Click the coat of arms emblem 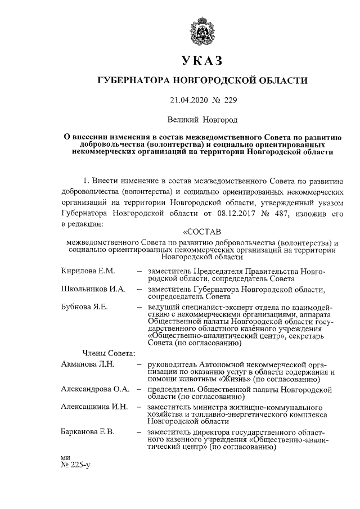202,28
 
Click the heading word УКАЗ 202,60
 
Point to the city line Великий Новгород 202,120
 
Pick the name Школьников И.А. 92,289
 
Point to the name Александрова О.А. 95,389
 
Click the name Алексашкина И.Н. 94,406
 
